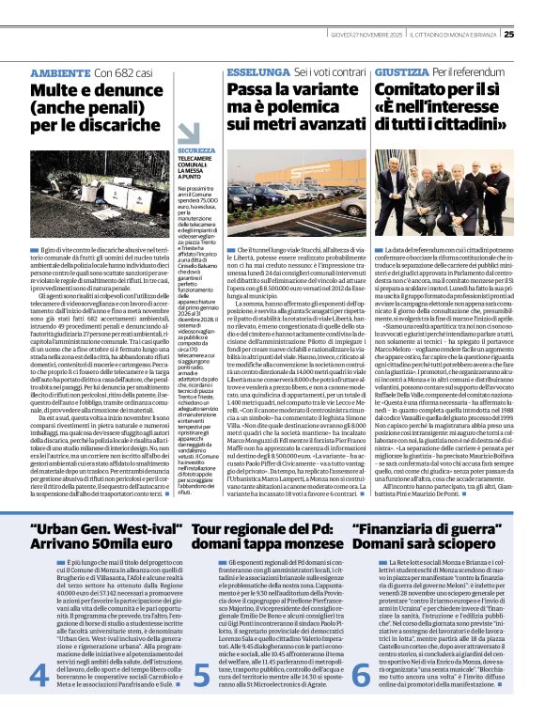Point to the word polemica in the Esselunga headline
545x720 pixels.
tap(281, 105)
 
